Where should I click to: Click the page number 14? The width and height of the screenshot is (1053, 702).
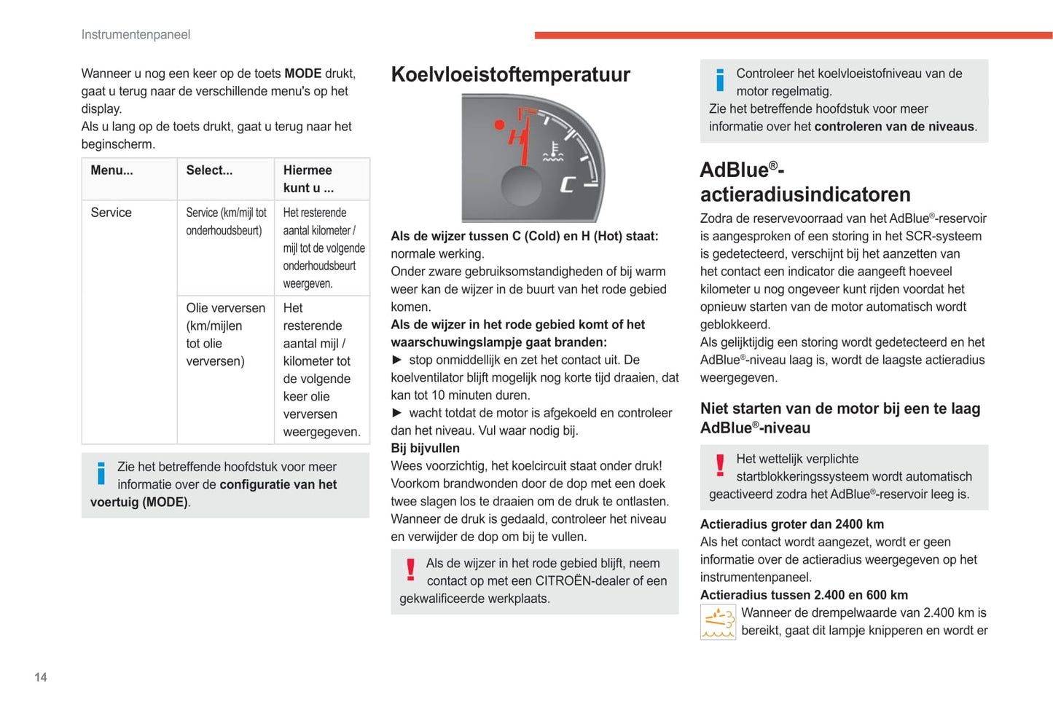41,677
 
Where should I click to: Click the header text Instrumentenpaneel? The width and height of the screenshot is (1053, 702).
136,35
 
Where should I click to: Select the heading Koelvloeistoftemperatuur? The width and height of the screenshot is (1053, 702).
510,74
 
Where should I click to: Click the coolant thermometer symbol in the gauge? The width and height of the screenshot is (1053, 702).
553,152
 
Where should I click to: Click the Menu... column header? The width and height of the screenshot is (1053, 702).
111,170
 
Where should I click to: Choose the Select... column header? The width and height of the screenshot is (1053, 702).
209,170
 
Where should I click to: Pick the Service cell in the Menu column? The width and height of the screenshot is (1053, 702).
111,213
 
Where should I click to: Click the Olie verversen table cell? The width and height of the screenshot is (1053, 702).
225,334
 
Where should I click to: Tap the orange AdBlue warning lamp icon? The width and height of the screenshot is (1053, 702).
718,622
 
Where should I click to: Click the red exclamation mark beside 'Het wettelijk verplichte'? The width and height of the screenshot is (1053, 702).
720,465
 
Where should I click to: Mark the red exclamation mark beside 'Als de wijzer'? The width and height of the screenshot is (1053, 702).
410,569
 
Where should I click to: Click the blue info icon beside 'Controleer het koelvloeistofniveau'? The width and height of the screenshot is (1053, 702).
720,79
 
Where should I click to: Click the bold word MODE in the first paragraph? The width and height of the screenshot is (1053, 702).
302,74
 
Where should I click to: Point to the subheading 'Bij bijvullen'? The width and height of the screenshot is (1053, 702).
425,449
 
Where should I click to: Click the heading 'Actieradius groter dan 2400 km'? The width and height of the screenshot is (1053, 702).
791,524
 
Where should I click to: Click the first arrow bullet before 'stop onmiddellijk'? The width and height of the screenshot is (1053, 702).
397,360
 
